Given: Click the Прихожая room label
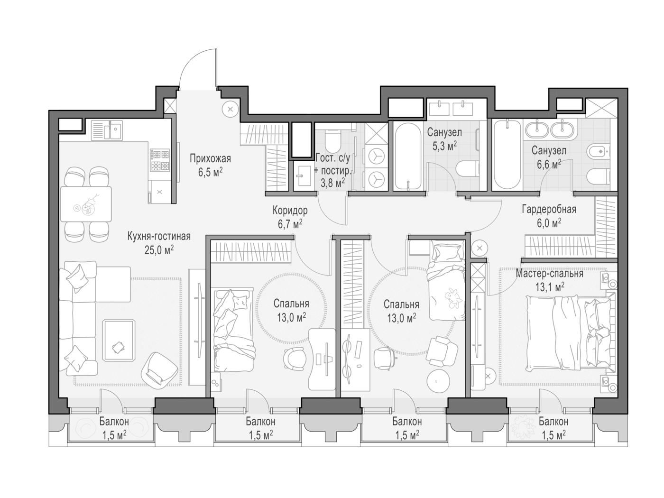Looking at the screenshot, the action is point(210,158).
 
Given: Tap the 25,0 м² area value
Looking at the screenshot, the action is point(159,250).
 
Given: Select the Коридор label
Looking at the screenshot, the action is point(290,210).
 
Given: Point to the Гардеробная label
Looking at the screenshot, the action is point(549,209).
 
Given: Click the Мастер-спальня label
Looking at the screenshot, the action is point(549,273).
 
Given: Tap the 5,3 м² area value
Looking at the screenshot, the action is point(444,147).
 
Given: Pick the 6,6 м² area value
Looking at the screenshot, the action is point(549,165).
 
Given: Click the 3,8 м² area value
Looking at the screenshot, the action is point(332,183).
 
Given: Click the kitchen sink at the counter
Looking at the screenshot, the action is point(107,130).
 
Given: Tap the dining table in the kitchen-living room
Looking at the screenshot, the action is point(86,204).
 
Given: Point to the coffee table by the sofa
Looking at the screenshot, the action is point(119,341).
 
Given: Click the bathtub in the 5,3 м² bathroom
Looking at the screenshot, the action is point(408,156).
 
